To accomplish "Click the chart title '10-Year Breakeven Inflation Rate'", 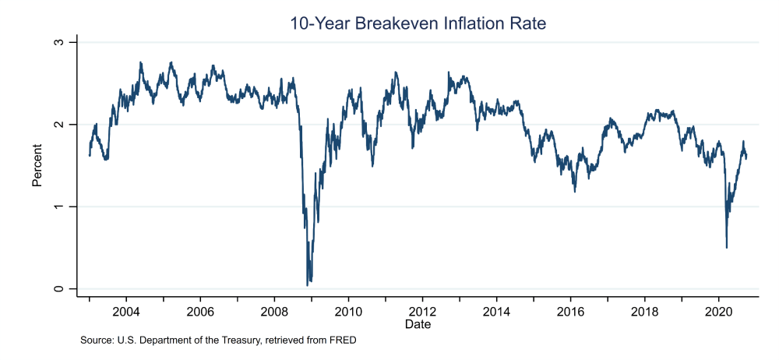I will [418, 23].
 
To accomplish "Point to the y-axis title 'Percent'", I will [37, 165].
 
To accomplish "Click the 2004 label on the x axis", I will [126, 310].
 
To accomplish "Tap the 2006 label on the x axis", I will [200, 310].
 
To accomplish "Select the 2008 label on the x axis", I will [274, 310].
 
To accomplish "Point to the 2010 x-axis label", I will [348, 310].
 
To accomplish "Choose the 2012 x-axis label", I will [422, 310].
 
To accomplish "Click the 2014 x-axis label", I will [496, 310].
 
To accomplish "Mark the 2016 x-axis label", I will [570, 310].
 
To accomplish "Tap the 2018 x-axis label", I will [644, 310].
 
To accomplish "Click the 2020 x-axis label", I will [718, 310].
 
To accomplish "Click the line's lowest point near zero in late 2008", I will [308, 285].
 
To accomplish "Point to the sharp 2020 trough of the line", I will [726, 247].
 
